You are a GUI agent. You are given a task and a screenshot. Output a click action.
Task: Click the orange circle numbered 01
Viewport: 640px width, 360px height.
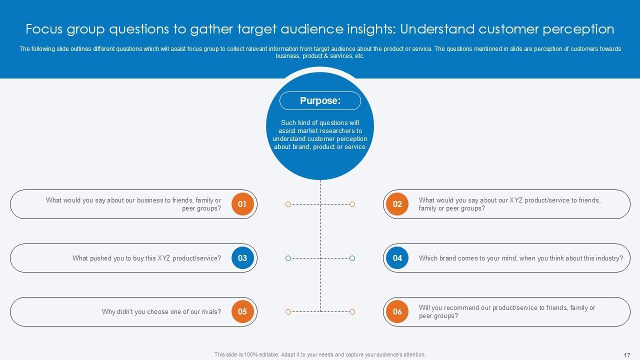point(242,204)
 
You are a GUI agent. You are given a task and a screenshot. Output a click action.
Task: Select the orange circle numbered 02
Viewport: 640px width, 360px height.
point(397,204)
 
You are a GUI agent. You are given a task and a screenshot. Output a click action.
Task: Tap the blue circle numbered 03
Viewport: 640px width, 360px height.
point(242,258)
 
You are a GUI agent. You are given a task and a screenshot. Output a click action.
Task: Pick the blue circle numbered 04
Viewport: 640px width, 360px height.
point(397,258)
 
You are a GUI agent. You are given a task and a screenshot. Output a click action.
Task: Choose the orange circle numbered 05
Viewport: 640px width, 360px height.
point(242,311)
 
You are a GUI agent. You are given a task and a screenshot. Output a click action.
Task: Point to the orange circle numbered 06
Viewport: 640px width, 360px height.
point(397,311)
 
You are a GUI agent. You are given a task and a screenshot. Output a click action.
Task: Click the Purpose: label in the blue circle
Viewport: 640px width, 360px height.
point(320,101)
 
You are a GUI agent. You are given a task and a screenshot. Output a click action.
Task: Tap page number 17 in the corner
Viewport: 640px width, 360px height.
point(627,355)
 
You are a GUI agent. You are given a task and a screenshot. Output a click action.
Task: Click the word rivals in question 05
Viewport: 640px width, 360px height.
point(210,312)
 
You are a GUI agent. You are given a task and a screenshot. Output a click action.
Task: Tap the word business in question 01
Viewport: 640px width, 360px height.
point(150,200)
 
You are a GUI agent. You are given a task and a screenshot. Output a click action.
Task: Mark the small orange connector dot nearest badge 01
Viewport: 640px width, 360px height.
point(288,204)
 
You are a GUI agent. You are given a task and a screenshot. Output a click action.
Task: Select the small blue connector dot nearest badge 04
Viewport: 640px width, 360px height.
point(352,258)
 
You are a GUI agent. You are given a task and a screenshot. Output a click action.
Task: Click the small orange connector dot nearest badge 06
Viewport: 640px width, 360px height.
point(352,311)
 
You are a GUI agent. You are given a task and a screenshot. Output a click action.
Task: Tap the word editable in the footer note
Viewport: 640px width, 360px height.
point(264,355)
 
